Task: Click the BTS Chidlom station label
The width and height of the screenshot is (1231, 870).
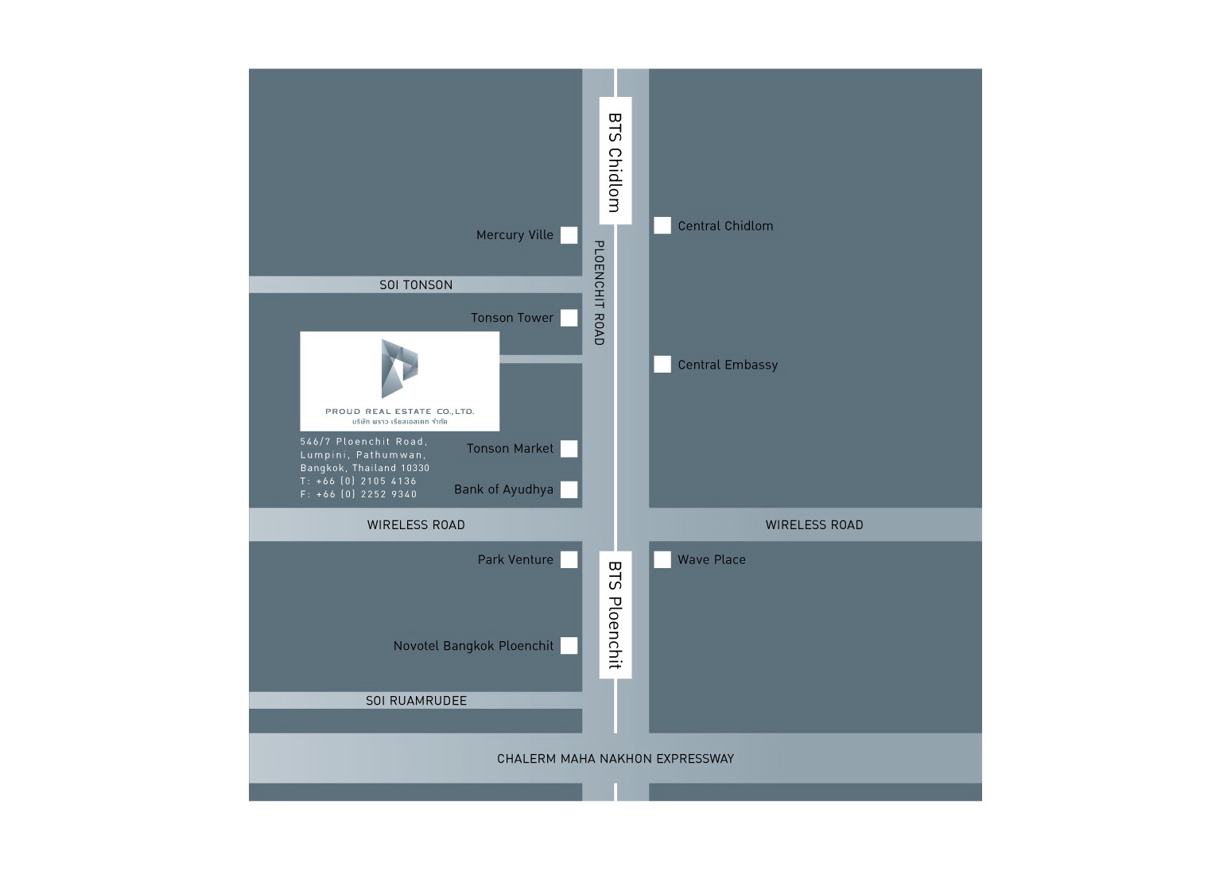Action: pos(615,163)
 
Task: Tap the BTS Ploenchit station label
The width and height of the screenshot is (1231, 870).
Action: pos(615,615)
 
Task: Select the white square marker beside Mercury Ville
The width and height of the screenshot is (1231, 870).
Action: pos(569,235)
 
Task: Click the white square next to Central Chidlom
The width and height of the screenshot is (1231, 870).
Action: pos(662,225)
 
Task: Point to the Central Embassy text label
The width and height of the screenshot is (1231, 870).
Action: pos(728,365)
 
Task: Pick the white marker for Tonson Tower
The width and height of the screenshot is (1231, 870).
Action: pos(569,318)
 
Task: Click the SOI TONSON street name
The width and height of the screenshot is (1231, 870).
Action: pos(416,285)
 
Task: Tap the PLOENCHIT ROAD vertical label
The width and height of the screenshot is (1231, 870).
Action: pos(599,292)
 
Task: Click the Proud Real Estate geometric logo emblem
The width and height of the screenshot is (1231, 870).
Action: pos(399,368)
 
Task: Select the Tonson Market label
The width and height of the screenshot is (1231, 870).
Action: pos(510,449)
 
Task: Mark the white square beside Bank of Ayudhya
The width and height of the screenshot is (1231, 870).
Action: pos(569,489)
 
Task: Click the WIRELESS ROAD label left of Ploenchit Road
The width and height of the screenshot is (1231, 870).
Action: pos(416,525)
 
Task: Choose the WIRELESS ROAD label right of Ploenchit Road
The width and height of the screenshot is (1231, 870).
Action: pos(814,525)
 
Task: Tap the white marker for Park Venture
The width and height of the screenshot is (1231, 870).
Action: pos(569,559)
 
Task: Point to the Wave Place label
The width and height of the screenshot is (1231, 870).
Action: pos(712,559)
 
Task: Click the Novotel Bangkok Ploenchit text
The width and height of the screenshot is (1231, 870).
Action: pos(473,646)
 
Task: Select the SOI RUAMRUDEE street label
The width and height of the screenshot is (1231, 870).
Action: pos(416,701)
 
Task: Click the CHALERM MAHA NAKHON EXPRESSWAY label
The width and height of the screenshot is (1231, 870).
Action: pos(615,759)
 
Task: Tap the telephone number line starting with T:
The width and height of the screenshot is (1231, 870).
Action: pos(359,481)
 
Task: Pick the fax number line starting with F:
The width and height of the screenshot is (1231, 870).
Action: pos(359,494)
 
